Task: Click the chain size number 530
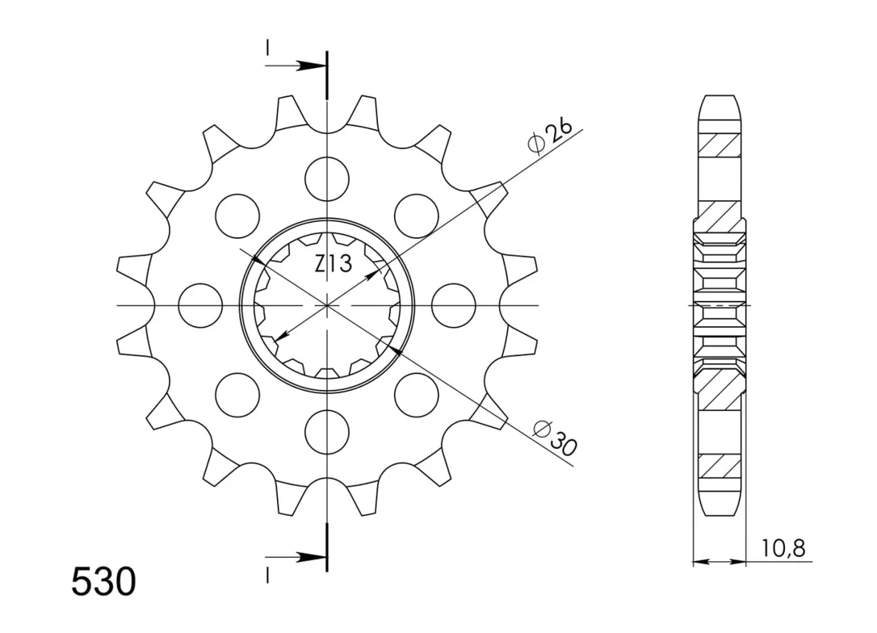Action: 103,582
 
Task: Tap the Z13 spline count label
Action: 334,263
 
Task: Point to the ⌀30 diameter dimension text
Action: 554,438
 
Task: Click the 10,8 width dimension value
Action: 783,548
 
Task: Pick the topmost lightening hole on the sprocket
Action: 327,179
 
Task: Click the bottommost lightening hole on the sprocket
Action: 327,432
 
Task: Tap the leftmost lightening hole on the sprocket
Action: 200,306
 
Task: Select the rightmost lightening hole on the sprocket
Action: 454,306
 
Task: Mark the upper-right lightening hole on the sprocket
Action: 416,216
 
